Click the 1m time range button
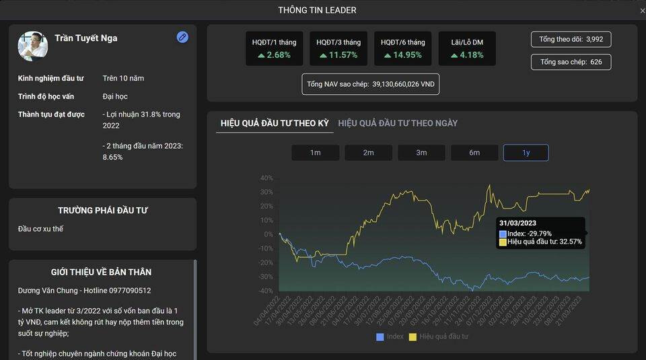[315, 153]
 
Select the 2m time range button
[368, 153]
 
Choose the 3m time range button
[421, 153]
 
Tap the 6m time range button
[474, 153]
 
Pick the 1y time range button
[526, 153]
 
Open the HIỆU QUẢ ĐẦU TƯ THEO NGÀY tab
[398, 123]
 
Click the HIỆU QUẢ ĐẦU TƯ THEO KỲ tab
[275, 123]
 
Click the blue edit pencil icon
[182, 37]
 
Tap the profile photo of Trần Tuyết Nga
[33, 46]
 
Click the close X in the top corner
[642, 11]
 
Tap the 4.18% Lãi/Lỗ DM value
[467, 55]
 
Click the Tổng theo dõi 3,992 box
[571, 39]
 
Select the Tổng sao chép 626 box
[571, 62]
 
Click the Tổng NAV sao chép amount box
[370, 84]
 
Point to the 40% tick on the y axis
[266, 178]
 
